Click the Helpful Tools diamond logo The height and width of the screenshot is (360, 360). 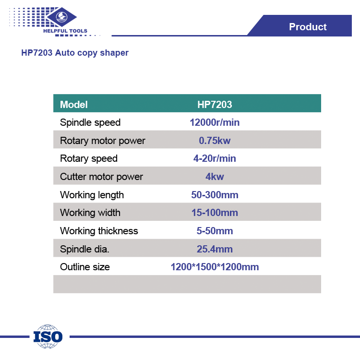pyautogui.click(x=61, y=17)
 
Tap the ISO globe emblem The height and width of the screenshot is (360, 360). pyautogui.click(x=48, y=336)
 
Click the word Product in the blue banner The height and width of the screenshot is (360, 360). pyautogui.click(x=308, y=26)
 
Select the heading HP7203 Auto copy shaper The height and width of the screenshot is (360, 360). pyautogui.click(x=75, y=53)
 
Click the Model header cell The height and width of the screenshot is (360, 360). pyautogui.click(x=74, y=105)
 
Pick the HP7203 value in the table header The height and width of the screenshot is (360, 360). pyautogui.click(x=215, y=105)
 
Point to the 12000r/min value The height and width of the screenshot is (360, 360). pyautogui.click(x=215, y=122)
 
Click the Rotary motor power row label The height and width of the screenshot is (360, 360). pyautogui.click(x=102, y=141)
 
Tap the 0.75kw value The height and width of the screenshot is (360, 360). pyautogui.click(x=215, y=141)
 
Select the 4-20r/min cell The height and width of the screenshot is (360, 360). pyautogui.click(x=215, y=158)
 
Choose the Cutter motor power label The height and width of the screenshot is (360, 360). pyautogui.click(x=101, y=177)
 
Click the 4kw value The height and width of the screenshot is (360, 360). pyautogui.click(x=215, y=177)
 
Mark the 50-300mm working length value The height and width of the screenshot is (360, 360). pyautogui.click(x=215, y=195)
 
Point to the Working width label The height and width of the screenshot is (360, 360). pyautogui.click(x=90, y=213)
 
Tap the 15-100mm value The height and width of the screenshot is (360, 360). pyautogui.click(x=215, y=213)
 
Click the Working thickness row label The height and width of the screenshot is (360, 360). pyautogui.click(x=99, y=231)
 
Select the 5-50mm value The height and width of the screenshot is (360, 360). pyautogui.click(x=215, y=231)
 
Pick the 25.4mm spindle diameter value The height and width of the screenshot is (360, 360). pyautogui.click(x=215, y=249)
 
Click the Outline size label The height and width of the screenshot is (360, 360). pyautogui.click(x=84, y=267)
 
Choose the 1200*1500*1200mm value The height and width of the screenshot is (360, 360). pyautogui.click(x=215, y=267)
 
